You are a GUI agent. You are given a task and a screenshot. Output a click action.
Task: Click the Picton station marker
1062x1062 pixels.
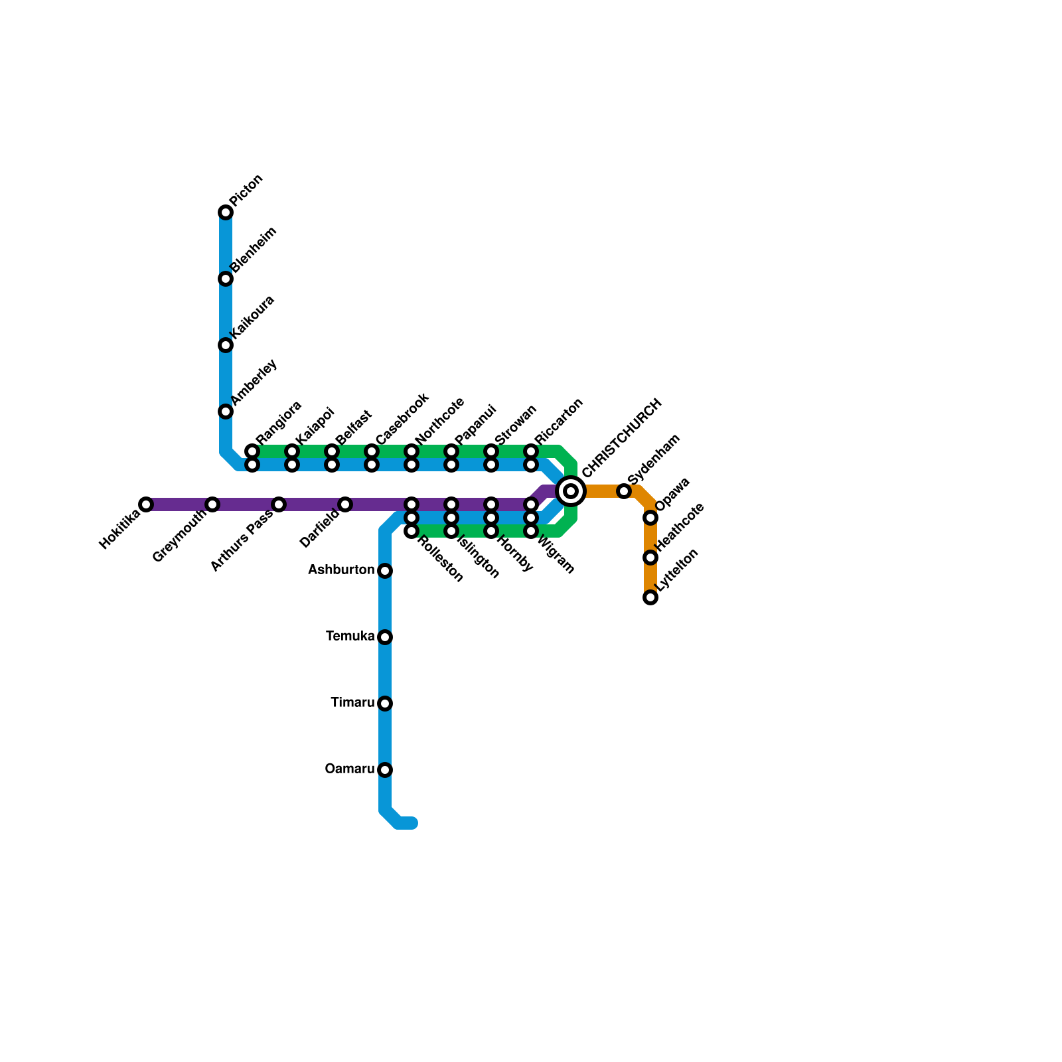click(226, 212)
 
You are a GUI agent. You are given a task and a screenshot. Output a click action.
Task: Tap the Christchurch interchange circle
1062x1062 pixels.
click(571, 491)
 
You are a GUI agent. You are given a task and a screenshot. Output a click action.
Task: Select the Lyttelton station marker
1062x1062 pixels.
click(650, 597)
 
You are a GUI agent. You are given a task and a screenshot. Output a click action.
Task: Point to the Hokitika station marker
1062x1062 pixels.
click(146, 504)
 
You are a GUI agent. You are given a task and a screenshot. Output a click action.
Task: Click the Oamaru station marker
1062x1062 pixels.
click(385, 770)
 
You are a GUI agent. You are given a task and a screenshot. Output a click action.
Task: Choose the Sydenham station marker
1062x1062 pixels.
click(624, 491)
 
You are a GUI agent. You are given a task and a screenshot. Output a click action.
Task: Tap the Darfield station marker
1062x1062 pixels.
click(345, 504)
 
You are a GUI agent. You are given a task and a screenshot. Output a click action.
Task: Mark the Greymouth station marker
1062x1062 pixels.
click(212, 504)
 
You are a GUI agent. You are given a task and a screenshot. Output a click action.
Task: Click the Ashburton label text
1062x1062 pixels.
click(341, 570)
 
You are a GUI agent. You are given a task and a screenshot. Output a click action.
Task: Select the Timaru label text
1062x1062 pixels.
click(352, 703)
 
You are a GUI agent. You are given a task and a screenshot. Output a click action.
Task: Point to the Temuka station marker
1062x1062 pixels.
click(385, 637)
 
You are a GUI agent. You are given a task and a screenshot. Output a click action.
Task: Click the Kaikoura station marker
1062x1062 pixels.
click(226, 345)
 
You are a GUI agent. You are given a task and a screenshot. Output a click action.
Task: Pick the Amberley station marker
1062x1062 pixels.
click(226, 412)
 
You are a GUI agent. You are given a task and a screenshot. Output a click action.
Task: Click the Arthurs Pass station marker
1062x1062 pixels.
click(279, 504)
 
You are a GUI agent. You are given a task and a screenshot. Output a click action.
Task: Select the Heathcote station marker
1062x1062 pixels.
click(650, 558)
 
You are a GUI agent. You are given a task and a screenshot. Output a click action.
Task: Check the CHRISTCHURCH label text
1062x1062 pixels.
click(622, 438)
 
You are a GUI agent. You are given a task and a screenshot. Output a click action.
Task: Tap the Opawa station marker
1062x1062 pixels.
click(650, 518)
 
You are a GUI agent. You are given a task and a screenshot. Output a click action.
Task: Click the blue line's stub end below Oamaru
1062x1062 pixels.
click(412, 824)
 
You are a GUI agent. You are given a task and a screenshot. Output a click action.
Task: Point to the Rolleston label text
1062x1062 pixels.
click(441, 559)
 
